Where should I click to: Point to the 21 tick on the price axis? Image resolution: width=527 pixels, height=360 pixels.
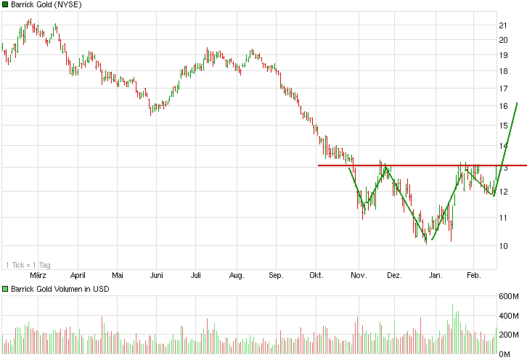[502, 25]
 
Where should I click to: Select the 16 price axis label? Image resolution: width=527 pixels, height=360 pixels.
[502, 106]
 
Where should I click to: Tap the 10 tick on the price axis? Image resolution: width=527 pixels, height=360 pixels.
[502, 246]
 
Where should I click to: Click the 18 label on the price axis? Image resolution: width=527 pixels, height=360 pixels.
[502, 71]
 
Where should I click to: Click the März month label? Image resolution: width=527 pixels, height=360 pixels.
[38, 276]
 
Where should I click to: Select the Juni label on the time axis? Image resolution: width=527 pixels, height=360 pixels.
[155, 276]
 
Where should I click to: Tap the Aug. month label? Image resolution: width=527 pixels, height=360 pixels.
[236, 276]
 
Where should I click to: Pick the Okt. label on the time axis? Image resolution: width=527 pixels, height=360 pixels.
[316, 276]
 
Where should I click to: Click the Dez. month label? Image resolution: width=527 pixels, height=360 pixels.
[394, 276]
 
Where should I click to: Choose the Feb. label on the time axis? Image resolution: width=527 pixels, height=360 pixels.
[473, 276]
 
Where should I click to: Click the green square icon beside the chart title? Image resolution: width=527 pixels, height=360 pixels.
[5, 5]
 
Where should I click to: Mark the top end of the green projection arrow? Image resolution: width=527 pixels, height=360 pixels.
[516, 103]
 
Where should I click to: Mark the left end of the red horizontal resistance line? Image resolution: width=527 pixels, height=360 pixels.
[319, 165]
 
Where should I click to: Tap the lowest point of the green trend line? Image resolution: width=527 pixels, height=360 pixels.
[431, 240]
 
